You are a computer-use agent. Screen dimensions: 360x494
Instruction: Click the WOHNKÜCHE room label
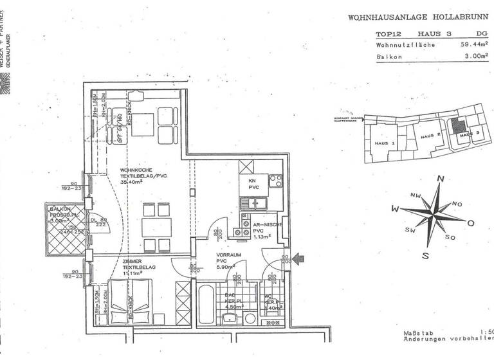[136, 170]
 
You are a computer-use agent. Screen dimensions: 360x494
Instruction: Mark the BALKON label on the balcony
[61, 210]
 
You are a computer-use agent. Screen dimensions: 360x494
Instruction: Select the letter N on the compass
[441, 179]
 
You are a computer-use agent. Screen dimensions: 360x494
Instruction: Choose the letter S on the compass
[425, 255]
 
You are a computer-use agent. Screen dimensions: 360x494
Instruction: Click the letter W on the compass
[395, 209]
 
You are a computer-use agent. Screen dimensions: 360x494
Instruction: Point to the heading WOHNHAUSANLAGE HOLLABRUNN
[418, 18]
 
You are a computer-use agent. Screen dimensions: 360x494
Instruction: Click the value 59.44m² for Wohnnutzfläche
[474, 45]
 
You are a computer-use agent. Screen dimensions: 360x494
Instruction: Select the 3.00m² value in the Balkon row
[477, 57]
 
